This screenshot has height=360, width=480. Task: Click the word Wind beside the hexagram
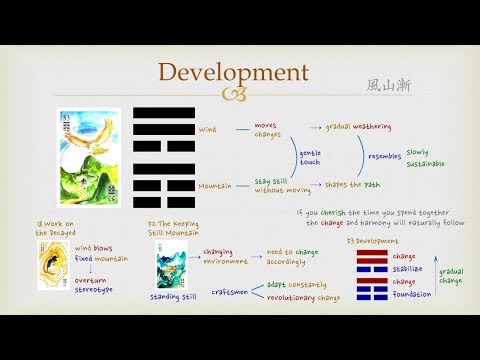(x=207, y=128)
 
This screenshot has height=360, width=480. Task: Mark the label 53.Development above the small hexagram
(x=379, y=242)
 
